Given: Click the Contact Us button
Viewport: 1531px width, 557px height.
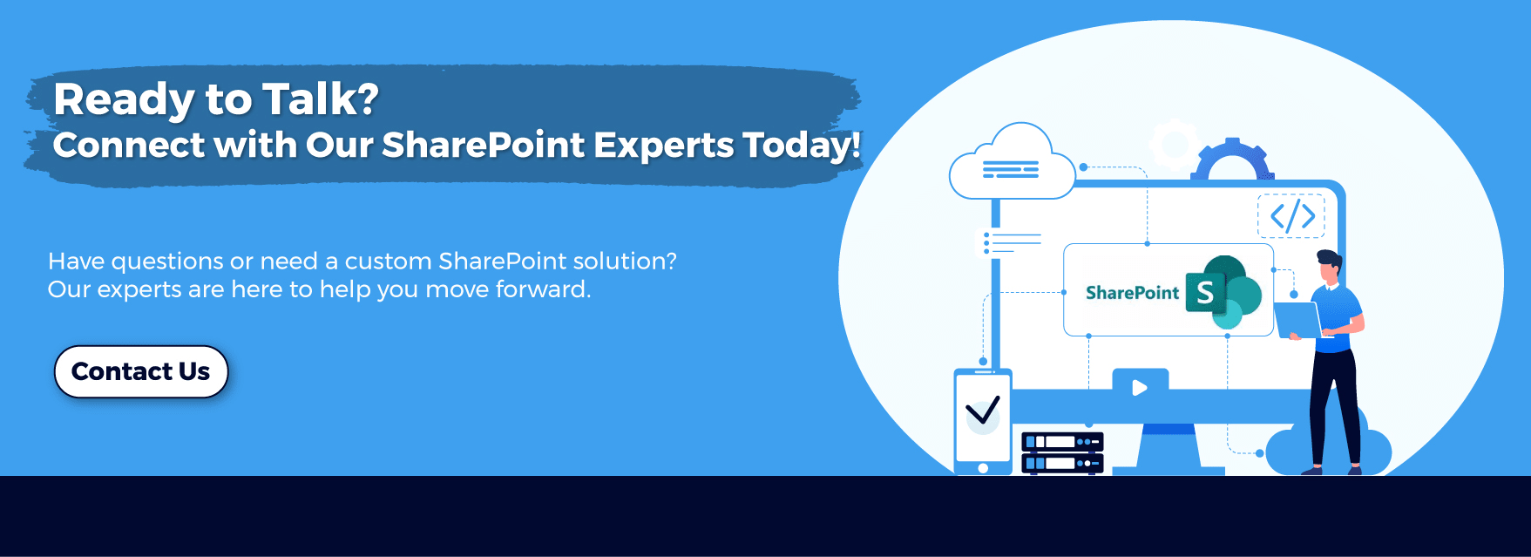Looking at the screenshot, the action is coord(141,371).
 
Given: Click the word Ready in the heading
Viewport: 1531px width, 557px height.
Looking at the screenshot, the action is coord(123,100).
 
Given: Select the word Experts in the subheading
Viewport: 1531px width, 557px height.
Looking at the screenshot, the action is coord(664,146).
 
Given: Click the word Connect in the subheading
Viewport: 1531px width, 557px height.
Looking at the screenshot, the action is coord(128,145).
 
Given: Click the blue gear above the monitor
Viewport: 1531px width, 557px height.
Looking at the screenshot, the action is coord(1232,160).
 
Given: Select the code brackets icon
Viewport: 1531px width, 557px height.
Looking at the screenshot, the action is coord(1291,215).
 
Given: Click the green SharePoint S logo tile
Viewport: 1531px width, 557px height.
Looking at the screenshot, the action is coord(1205,292).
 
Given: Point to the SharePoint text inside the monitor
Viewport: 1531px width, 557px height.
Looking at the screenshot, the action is coord(1132,293).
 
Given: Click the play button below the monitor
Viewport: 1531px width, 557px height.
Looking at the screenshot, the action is coord(1140,387).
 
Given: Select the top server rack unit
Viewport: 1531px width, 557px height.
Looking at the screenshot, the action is coord(1062,442).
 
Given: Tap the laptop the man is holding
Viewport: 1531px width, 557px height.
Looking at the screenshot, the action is coord(1297,320).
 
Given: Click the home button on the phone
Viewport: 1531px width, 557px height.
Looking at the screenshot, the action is coord(983,468).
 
